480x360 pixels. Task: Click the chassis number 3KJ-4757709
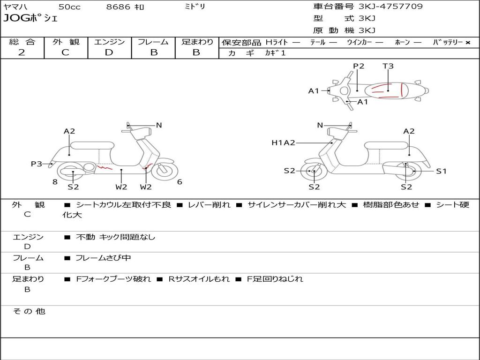pyautogui.click(x=390, y=7)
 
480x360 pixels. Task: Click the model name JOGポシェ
pyautogui.click(x=30, y=19)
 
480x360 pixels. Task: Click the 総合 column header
pyautogui.click(x=22, y=42)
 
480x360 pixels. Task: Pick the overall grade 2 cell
pyautogui.click(x=22, y=52)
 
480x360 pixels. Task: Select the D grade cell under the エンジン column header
pyautogui.click(x=109, y=52)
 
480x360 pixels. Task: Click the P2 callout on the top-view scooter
pyautogui.click(x=359, y=66)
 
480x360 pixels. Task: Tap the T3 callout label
pyautogui.click(x=388, y=66)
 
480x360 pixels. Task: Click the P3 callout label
pyautogui.click(x=36, y=164)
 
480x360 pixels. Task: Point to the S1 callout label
pyautogui.click(x=442, y=171)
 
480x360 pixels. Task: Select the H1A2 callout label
pyautogui.click(x=283, y=143)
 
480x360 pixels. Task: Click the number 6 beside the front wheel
pyautogui.click(x=180, y=182)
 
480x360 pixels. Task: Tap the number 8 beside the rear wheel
pyautogui.click(x=55, y=182)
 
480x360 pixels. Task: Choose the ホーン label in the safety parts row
pyautogui.click(x=402, y=42)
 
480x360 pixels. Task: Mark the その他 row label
pyautogui.click(x=29, y=311)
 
